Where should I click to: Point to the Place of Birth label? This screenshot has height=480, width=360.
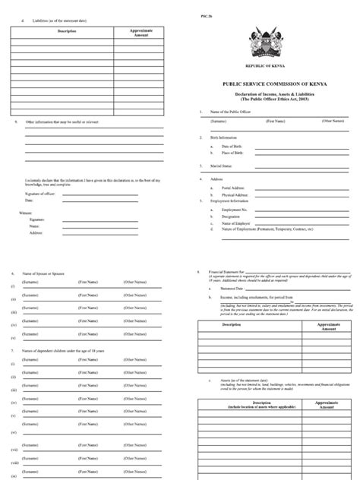(227, 153)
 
